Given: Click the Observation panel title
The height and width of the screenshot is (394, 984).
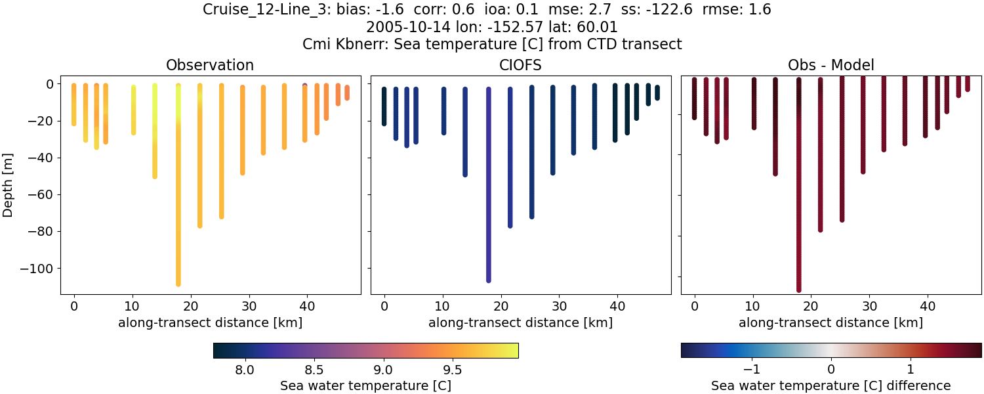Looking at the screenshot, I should (x=210, y=65).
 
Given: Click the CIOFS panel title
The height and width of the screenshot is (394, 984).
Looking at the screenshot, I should (x=521, y=65).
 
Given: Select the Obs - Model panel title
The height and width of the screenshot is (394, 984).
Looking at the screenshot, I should (x=831, y=65).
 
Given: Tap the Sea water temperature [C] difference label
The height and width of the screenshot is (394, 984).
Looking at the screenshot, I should (x=831, y=385).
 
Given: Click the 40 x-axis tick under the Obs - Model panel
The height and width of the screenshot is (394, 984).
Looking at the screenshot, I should (x=928, y=305).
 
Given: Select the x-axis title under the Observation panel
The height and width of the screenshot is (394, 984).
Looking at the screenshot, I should (x=210, y=322).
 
